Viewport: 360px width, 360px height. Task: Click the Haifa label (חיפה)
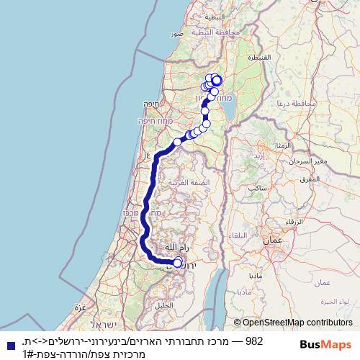pyautogui.click(x=151, y=104)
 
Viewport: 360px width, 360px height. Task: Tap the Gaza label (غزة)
pyautogui.click(x=81, y=307)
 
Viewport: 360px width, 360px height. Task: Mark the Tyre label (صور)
pyautogui.click(x=176, y=34)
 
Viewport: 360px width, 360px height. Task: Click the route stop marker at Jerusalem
pyautogui.click(x=179, y=263)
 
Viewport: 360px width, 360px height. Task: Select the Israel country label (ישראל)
pyautogui.click(x=103, y=325)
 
